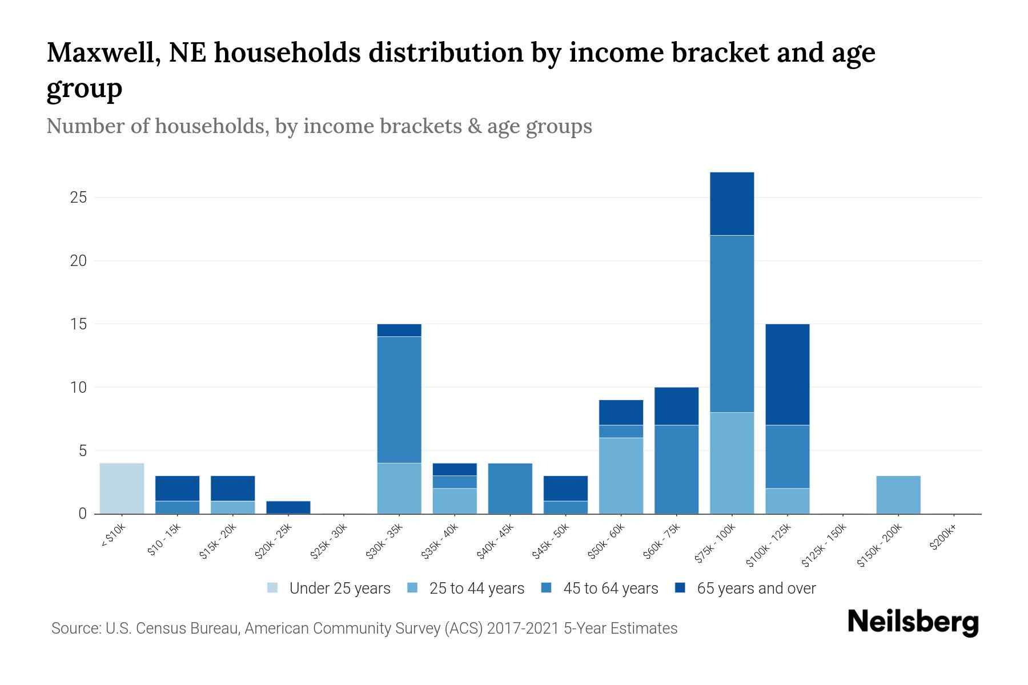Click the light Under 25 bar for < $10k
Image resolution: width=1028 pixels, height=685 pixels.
[x=122, y=488]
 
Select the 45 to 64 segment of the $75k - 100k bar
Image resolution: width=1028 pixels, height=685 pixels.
[x=732, y=324]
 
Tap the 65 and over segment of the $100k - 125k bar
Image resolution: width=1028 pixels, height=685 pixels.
[x=787, y=374]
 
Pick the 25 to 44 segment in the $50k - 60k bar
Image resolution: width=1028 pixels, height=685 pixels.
[x=621, y=476]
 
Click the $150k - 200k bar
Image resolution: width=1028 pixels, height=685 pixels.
[x=898, y=494]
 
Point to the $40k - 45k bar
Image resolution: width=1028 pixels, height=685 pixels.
[x=510, y=488]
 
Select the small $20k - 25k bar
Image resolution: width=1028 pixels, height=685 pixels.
[x=288, y=507]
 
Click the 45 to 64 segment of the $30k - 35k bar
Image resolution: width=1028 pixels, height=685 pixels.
[x=399, y=400]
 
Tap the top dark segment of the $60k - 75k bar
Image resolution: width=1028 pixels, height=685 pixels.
[x=676, y=406]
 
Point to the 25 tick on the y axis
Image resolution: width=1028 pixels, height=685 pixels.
[x=78, y=198]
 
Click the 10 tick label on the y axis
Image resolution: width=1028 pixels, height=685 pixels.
[x=78, y=388]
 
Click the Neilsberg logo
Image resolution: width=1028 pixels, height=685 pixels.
[x=913, y=623]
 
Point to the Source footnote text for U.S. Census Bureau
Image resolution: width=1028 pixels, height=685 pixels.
[x=174, y=628]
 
